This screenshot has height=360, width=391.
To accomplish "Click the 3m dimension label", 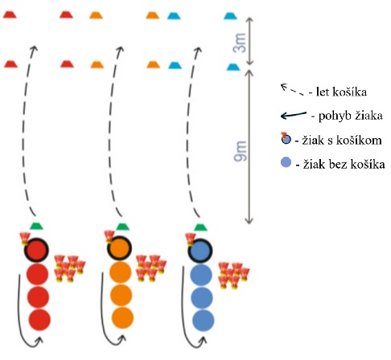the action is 240,43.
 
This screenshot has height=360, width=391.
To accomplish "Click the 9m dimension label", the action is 240,151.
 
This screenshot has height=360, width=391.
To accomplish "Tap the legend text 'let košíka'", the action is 341,92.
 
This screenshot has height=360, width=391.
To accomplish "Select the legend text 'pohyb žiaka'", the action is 351,116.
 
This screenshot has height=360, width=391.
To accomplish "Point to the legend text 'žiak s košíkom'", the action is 342,140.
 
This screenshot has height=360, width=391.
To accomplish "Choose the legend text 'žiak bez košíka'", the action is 344,164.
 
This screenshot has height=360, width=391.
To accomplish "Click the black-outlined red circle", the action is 36,250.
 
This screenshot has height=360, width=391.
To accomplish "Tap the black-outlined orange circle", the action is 120,249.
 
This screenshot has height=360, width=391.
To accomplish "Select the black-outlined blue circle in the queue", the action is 200,252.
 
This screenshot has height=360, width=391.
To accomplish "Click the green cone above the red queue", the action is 36,227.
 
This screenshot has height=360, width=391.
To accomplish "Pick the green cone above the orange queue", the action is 122,227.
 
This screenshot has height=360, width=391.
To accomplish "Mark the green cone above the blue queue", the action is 200,227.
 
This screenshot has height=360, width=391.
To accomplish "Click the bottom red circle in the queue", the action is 39,320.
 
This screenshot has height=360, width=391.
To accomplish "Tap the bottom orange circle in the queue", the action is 122,318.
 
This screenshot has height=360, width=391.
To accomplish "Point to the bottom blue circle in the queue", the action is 204,320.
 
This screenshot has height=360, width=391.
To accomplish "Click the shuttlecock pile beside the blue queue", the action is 233,276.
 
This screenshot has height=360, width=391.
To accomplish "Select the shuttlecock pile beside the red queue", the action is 70,268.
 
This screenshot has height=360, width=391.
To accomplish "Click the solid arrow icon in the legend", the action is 294,115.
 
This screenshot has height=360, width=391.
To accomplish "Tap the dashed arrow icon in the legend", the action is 292,89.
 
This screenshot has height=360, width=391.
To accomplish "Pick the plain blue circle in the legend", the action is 286,163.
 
